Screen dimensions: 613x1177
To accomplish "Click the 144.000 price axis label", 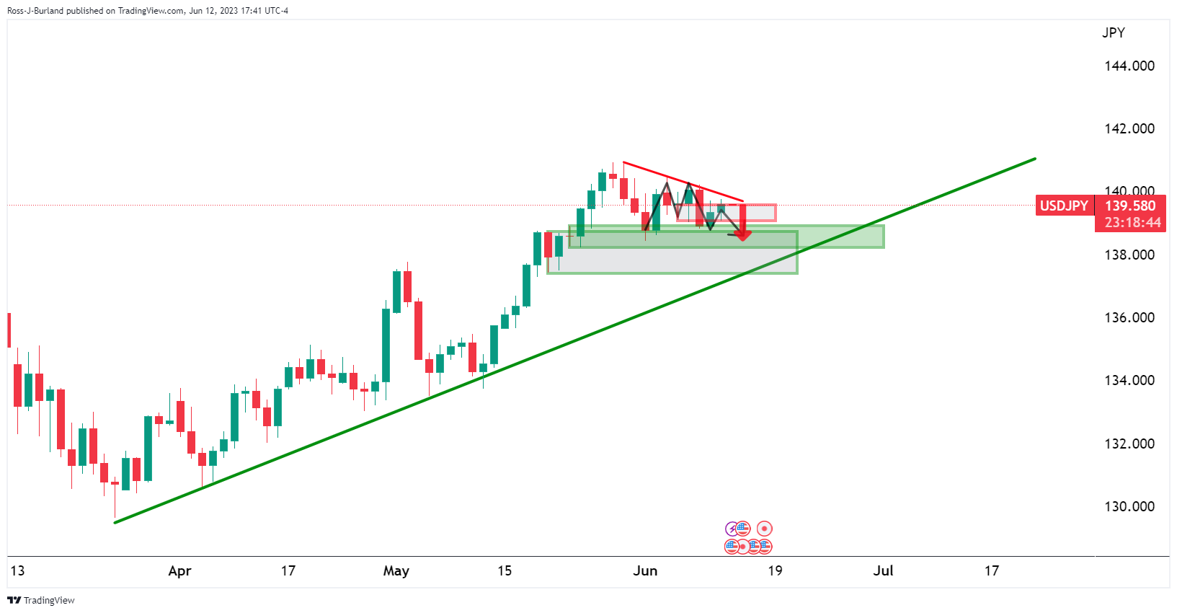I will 1129,66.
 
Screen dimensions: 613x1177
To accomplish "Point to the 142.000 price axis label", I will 1129,128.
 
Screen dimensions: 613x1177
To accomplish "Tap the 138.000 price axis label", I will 1129,255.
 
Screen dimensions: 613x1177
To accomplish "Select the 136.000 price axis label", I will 1129,317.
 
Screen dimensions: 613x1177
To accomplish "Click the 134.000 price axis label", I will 1129,380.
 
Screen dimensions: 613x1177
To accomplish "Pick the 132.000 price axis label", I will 1129,444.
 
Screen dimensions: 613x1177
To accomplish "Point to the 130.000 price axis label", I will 1129,506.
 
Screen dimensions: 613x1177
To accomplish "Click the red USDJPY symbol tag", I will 1064,206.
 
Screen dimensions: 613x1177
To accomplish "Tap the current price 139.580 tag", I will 1129,206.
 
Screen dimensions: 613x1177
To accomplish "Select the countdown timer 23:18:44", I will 1132,222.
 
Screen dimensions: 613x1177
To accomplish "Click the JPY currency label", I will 1113,32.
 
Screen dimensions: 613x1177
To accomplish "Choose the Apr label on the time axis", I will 179,571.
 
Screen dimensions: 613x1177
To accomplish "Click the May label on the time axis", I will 396,571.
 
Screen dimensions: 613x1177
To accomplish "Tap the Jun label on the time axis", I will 645,571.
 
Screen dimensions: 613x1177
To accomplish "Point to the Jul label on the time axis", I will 883,571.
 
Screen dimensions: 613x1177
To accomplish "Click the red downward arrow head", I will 742,234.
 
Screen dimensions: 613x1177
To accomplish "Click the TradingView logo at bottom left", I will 41,600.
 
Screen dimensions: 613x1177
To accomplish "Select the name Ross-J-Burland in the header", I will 35,11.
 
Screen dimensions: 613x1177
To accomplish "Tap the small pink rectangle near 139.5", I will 757,212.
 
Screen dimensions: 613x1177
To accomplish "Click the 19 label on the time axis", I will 775,571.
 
